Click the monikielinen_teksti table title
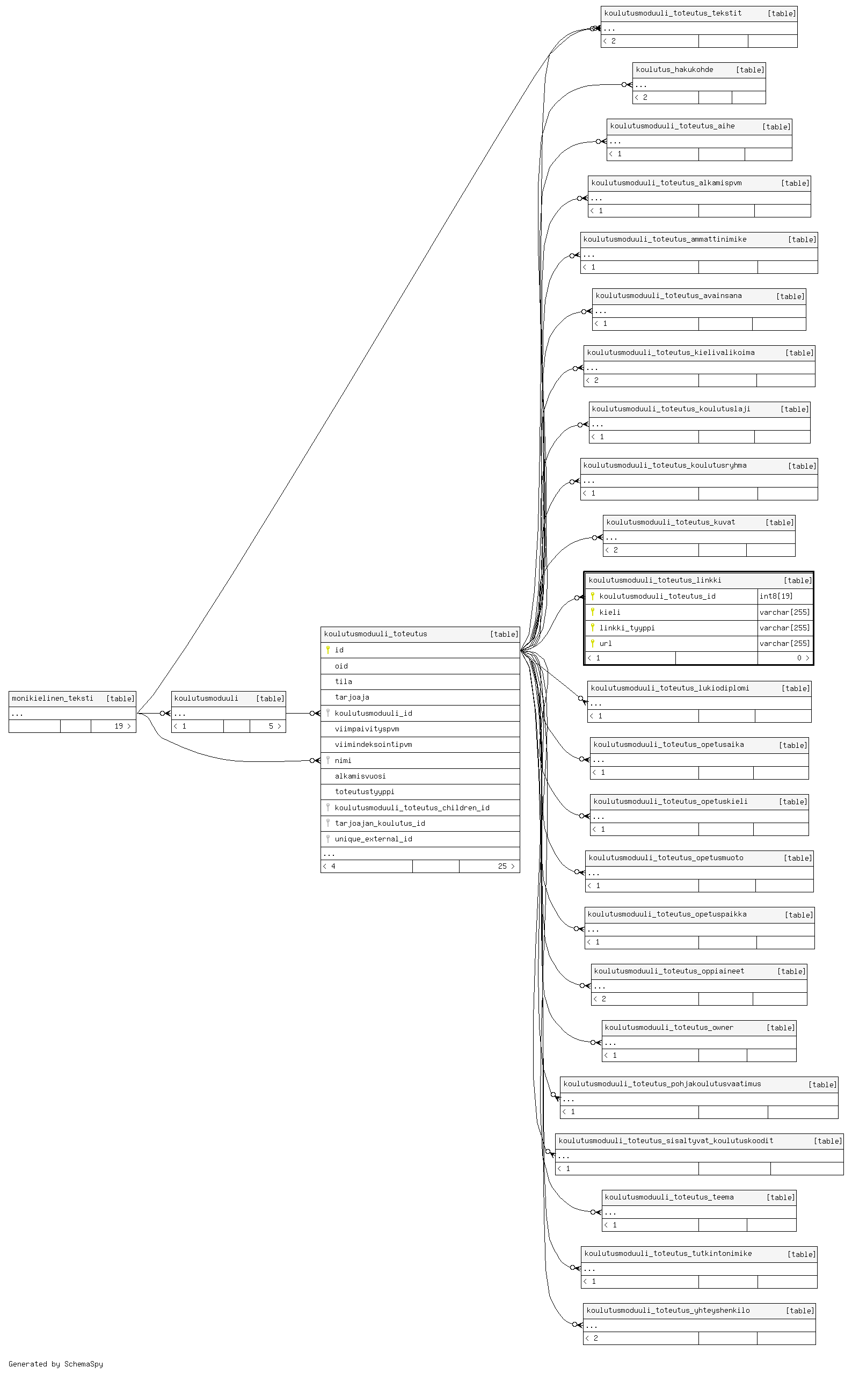click(53, 698)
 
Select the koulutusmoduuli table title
click(206, 698)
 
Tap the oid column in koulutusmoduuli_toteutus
click(341, 666)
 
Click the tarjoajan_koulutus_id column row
click(420, 824)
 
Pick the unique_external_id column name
click(373, 839)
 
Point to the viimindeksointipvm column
click(373, 745)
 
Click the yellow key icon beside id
click(328, 650)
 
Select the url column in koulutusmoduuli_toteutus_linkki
click(605, 644)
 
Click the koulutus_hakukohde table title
click(674, 70)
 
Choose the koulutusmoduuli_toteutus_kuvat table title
click(671, 522)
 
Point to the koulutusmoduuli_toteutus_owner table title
click(669, 1027)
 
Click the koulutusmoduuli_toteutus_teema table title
click(669, 1197)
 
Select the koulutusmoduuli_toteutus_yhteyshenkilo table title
click(668, 1310)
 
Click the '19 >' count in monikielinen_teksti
click(122, 726)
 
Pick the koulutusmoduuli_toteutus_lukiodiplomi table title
click(670, 688)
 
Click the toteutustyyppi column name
click(365, 792)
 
